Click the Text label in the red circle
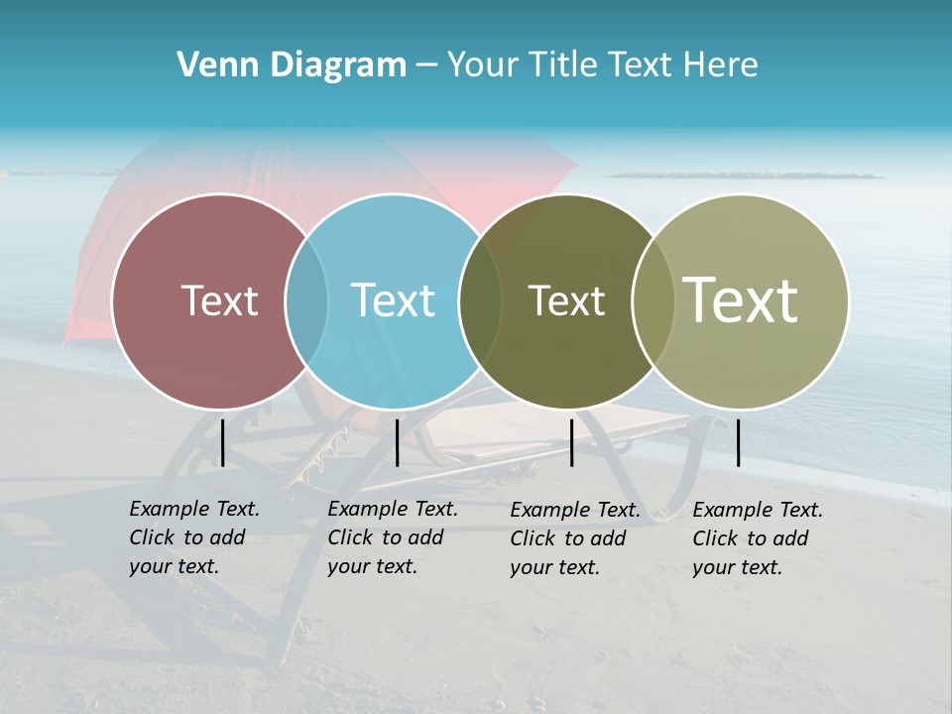click(x=219, y=300)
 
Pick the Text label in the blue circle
click(x=393, y=300)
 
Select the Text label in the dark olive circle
click(x=566, y=300)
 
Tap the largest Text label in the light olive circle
click(x=740, y=300)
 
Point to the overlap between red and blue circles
click(x=306, y=301)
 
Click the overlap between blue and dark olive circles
click(x=480, y=301)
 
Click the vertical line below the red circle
click(x=223, y=442)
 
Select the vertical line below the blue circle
click(x=397, y=442)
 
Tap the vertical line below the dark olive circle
click(x=572, y=442)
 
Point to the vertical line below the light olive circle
click(x=739, y=442)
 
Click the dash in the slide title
click(x=426, y=66)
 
